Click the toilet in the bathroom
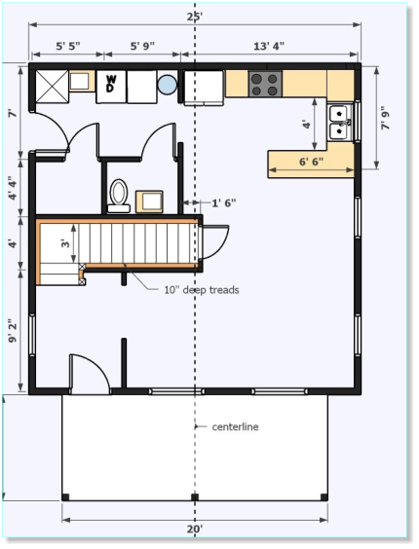[119, 196]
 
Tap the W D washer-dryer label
[111, 84]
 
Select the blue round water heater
[167, 85]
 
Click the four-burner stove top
[265, 85]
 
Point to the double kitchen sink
[340, 123]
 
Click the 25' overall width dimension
[195, 17]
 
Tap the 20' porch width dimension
[195, 529]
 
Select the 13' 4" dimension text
[269, 46]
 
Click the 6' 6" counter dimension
[312, 162]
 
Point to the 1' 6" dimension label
[224, 202]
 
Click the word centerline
[235, 426]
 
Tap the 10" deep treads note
[202, 290]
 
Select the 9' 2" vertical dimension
[13, 331]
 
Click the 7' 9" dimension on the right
[386, 118]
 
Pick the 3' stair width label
[65, 243]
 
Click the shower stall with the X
[53, 87]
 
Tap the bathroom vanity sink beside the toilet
[149, 201]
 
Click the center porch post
[195, 497]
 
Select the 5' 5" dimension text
[68, 46]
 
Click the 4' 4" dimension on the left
[13, 188]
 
